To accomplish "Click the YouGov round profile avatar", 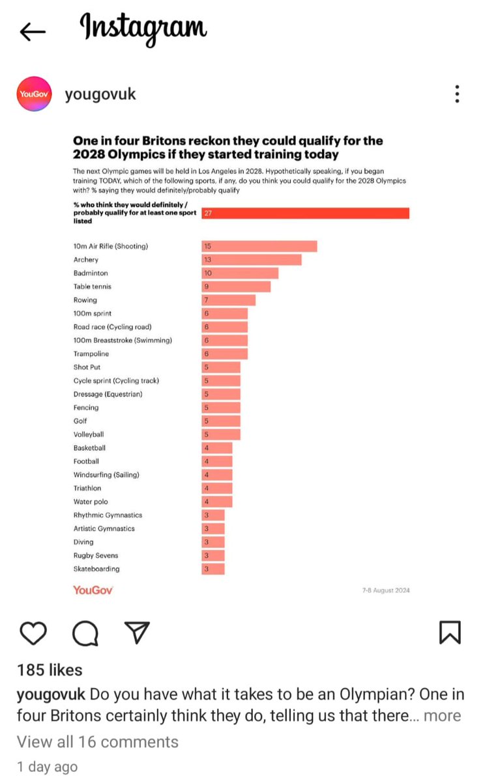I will click(34, 94).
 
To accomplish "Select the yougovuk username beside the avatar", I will click(100, 94).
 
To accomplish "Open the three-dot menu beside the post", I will click(457, 94).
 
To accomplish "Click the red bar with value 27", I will click(305, 213).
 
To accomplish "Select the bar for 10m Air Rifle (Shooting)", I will click(259, 246).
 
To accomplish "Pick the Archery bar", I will click(251, 260).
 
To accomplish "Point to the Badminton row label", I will click(91, 273).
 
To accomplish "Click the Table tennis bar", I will click(235, 286).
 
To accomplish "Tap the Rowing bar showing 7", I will click(228, 300).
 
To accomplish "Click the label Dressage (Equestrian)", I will click(108, 394).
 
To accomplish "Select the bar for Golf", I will click(220, 421).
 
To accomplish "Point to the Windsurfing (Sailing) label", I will click(106, 474).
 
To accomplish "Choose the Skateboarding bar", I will click(212, 569).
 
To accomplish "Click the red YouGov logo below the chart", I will click(93, 590).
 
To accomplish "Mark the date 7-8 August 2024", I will click(385, 590).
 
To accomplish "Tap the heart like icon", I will click(33, 632).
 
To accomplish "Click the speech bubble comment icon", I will click(85, 632).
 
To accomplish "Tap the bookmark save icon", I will click(450, 632).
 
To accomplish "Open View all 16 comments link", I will click(98, 741).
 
